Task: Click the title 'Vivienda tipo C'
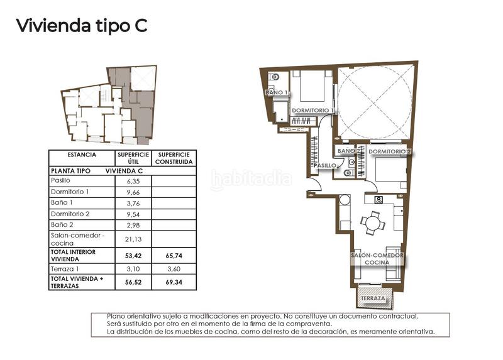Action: (x=81, y=26)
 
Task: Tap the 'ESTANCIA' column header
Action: (x=82, y=155)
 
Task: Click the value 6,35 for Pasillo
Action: (x=133, y=180)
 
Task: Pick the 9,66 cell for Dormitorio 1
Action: (x=133, y=192)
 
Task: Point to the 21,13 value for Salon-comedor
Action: (x=133, y=239)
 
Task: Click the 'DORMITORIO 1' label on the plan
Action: (x=312, y=111)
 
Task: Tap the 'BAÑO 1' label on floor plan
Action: (x=277, y=92)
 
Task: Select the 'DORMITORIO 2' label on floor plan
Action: (x=389, y=151)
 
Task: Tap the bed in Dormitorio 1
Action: (x=311, y=87)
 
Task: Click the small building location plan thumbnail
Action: (x=109, y=104)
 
